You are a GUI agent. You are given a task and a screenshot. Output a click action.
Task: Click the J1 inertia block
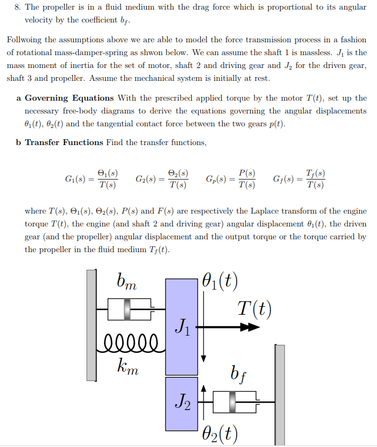tap(182, 326)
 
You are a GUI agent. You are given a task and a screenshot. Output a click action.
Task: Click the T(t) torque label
tap(254, 308)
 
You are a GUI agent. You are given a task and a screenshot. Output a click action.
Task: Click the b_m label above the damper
tap(127, 282)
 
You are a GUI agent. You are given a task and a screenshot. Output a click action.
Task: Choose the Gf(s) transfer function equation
tap(299, 180)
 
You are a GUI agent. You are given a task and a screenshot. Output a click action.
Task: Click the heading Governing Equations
tap(69, 98)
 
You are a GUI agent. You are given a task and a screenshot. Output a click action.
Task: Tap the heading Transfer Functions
tap(64, 142)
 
